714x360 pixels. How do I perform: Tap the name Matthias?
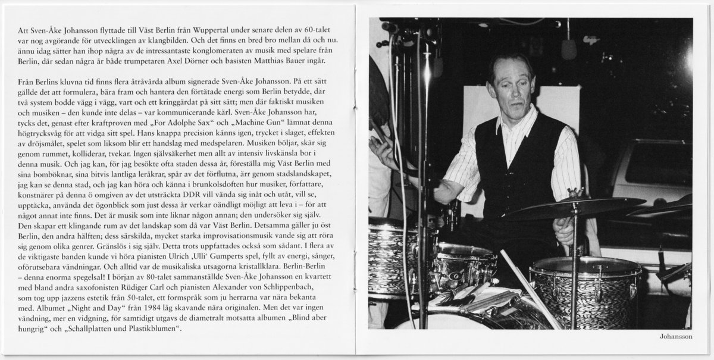tap(290, 61)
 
